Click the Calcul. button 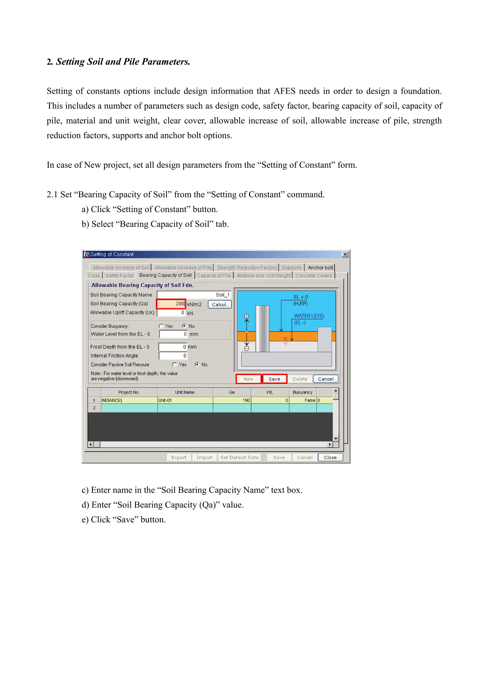point(219,304)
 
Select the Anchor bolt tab point(320,267)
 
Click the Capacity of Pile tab point(214,275)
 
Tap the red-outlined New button point(248,379)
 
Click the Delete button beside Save point(300,379)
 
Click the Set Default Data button point(239,457)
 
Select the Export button point(179,457)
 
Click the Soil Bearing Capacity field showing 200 point(171,304)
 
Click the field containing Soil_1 point(194,295)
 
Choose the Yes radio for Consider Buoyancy point(161,326)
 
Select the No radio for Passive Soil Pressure point(197,364)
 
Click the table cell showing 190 point(232,400)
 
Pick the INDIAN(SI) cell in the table point(129,400)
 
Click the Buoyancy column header point(303,392)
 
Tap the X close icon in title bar point(345,254)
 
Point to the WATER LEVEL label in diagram point(309,316)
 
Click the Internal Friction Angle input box point(173,356)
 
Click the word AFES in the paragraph point(284,91)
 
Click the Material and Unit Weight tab point(264,275)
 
